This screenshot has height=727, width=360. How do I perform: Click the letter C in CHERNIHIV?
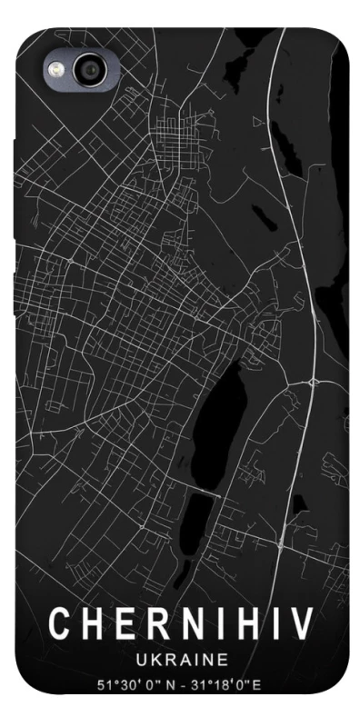click(60, 625)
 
